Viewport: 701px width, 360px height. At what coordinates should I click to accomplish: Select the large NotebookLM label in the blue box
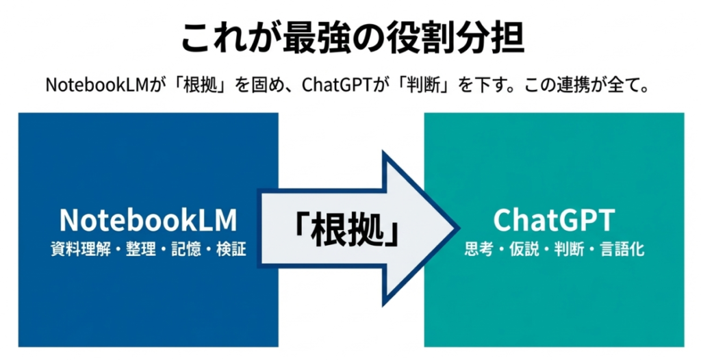click(148, 220)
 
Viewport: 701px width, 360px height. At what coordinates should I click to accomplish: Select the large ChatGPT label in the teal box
click(554, 220)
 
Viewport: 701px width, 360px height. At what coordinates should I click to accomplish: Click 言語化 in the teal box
click(622, 250)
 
